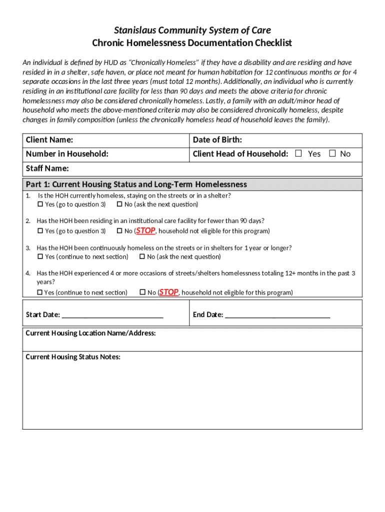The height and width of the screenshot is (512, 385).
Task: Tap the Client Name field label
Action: [x=49, y=140]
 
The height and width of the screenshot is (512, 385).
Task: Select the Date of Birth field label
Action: [x=217, y=140]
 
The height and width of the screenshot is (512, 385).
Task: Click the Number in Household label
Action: [x=67, y=154]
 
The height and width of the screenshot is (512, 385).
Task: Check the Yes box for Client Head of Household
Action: [x=298, y=154]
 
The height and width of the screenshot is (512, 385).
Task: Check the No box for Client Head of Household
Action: [x=332, y=154]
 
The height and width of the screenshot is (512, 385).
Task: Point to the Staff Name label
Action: [x=47, y=168]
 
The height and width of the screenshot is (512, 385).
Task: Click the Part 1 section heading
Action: [x=136, y=184]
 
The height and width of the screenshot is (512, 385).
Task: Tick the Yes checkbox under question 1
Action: [x=40, y=204]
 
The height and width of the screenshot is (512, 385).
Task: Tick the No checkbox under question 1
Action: [x=120, y=204]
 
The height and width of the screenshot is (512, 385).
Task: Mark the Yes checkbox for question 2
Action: [x=40, y=231]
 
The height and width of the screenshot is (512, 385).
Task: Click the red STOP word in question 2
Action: [x=146, y=230]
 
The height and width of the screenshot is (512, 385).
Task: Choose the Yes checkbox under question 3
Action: [x=40, y=257]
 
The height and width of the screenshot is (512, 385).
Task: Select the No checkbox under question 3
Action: [x=142, y=257]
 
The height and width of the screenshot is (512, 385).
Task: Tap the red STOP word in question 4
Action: [x=169, y=292]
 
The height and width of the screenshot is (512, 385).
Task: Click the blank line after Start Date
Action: [x=112, y=315]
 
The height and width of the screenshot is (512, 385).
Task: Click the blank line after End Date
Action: [x=277, y=315]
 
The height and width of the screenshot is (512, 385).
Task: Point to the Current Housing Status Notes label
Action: [x=73, y=357]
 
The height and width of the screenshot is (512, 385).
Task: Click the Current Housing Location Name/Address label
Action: [x=90, y=333]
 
